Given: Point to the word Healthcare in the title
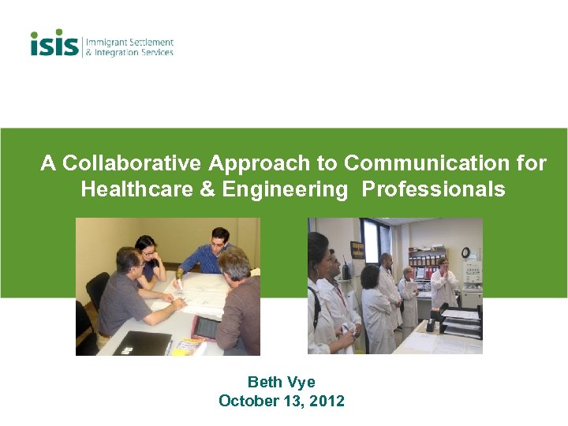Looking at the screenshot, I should coord(124,190).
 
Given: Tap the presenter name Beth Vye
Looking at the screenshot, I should coord(282,383).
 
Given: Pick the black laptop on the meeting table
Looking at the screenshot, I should coord(142,343).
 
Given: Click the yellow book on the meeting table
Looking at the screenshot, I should coord(186,346).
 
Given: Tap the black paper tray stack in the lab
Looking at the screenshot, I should coord(461,323).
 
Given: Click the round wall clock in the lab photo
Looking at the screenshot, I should coord(465,252).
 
